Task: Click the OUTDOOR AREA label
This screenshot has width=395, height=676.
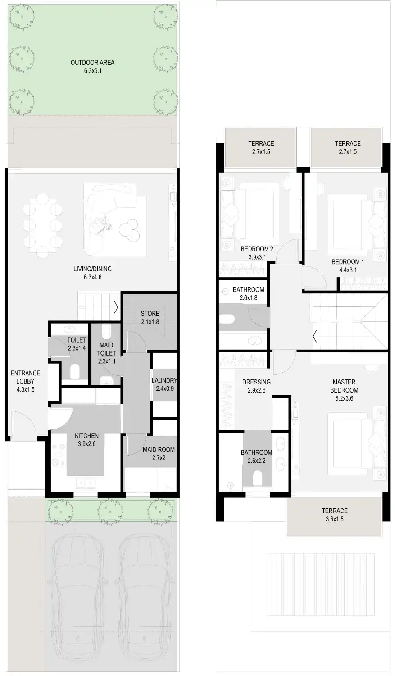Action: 92,63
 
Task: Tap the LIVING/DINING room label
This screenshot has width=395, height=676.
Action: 92,269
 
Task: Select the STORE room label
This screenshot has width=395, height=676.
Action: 150,314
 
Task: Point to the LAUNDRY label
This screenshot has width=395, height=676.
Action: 164,380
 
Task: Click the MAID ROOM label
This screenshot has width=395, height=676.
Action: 159,449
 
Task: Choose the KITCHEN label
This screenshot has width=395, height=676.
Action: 86,436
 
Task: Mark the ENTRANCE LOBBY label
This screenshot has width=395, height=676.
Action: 25,377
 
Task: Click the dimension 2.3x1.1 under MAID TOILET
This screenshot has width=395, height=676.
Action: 106,361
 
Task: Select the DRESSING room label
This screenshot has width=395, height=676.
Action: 256,382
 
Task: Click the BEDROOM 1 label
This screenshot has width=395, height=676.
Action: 348,262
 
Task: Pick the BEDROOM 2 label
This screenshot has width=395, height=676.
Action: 257,249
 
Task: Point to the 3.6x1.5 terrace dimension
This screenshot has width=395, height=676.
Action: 335,519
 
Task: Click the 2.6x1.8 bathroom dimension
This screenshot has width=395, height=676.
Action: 248,298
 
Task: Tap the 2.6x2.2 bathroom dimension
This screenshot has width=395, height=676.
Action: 256,461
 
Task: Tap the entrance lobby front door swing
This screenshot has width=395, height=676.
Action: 23,426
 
